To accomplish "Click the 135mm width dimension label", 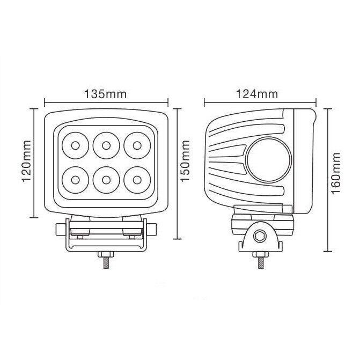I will (x=106, y=94).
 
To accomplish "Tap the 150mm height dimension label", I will (x=186, y=163).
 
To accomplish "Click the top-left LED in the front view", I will (x=74, y=144).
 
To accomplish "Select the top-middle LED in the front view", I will (x=105, y=144).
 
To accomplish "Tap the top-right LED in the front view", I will (x=136, y=144).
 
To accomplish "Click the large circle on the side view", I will (x=268, y=160).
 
